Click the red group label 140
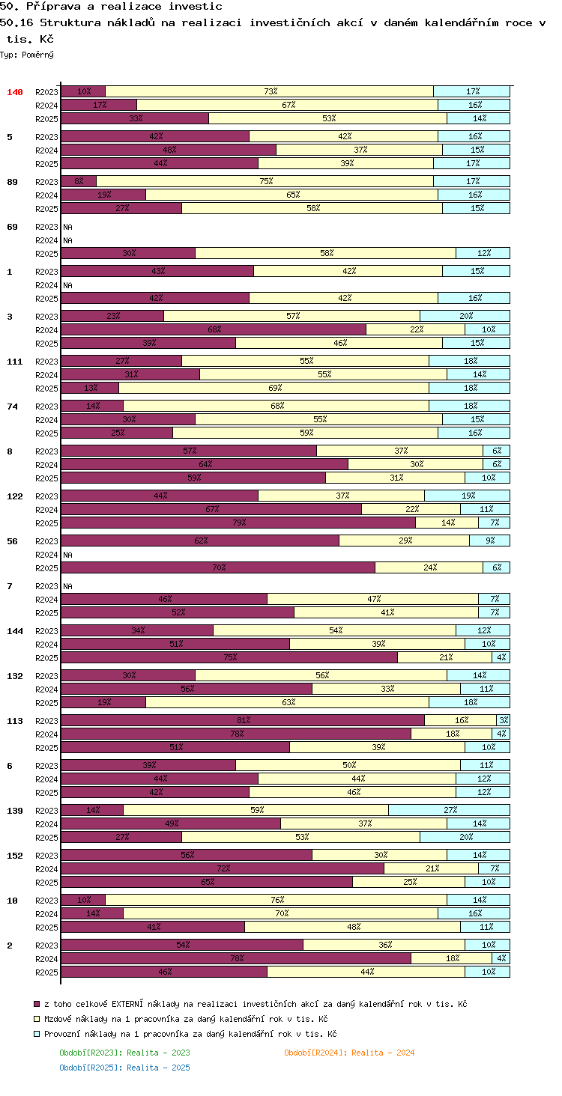[x=15, y=92]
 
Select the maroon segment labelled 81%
[x=243, y=720]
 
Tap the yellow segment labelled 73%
[x=269, y=91]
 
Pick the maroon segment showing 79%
[x=238, y=523]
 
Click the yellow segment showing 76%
[x=276, y=900]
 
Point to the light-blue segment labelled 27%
[x=450, y=810]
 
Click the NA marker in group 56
[x=67, y=555]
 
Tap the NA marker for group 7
[x=67, y=586]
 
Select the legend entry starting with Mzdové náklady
[x=186, y=1019]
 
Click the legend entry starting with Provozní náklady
[x=190, y=1034]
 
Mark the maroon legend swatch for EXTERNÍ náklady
[x=36, y=1004]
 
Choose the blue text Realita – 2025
[x=158, y=1068]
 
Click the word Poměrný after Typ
[x=37, y=55]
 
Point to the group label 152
[x=15, y=856]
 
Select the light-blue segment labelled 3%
[x=504, y=720]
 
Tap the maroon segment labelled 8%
[x=79, y=181]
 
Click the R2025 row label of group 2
[x=46, y=972]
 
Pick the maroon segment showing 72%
[x=223, y=868]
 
